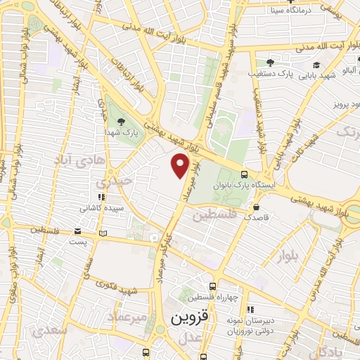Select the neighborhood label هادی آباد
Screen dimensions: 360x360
click(x=77, y=160)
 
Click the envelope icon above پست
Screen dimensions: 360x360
click(x=79, y=231)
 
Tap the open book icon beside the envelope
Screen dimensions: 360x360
click(x=103, y=233)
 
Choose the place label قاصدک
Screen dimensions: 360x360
click(x=256, y=218)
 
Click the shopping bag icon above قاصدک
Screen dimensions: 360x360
click(x=256, y=207)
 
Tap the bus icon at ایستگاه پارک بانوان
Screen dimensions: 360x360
click(x=244, y=174)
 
